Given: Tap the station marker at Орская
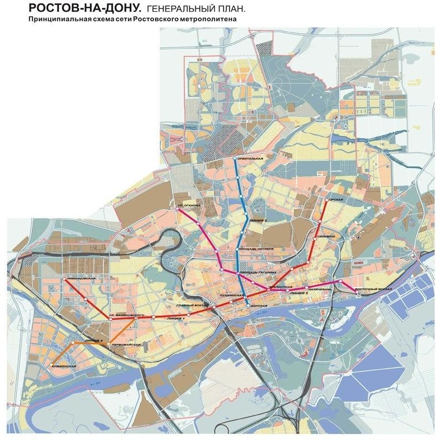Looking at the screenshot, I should point(326,199).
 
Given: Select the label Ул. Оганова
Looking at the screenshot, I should point(189,206).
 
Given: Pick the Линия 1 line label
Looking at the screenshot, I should point(175,319).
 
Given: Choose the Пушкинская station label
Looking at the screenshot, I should point(231,294).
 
